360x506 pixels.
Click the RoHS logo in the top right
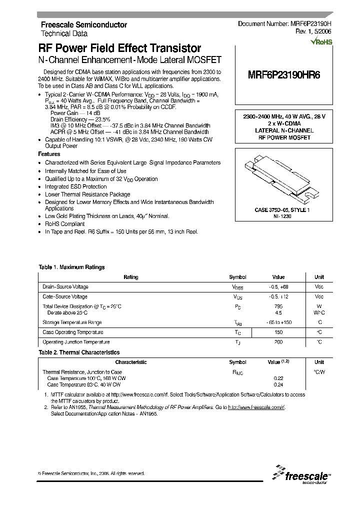(321, 42)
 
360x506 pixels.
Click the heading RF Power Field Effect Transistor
(120, 48)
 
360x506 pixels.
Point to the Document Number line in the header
(284, 23)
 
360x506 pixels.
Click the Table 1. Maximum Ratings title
(72, 267)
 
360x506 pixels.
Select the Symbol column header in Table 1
(237, 277)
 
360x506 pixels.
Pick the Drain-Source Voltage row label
(65, 286)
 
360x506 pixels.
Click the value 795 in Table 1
(278, 306)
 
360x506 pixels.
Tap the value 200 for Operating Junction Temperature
(278, 342)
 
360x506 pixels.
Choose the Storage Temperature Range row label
(72, 322)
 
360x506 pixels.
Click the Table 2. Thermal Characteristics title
(79, 352)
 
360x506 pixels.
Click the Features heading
(49, 154)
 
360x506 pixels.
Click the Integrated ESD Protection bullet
(76, 186)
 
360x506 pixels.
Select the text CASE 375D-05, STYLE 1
(282, 210)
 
